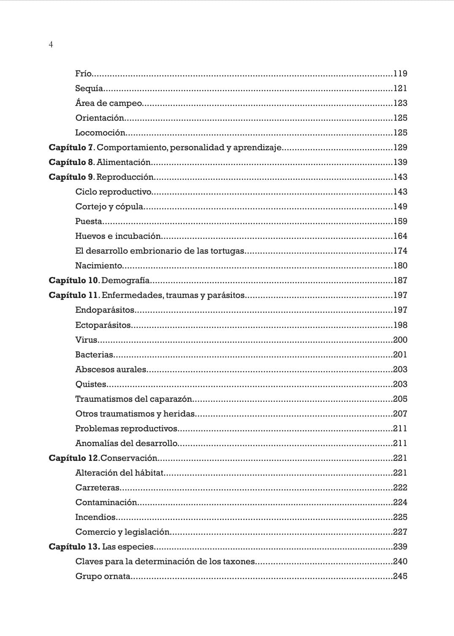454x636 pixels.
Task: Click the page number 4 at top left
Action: click(x=51, y=45)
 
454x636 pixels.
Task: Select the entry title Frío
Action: click(x=83, y=73)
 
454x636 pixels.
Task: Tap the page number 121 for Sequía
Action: click(x=400, y=88)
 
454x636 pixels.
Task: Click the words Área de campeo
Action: click(x=109, y=103)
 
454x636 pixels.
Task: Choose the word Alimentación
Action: click(x=123, y=162)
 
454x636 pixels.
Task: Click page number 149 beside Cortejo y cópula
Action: click(x=400, y=206)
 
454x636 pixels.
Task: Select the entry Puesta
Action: click(x=89, y=221)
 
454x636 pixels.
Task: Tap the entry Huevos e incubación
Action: click(x=118, y=236)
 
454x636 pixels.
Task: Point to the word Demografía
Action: click(x=125, y=280)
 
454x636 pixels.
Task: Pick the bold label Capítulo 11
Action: click(x=73, y=295)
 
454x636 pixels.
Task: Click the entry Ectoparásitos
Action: click(x=103, y=325)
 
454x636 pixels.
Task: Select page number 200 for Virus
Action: click(x=400, y=340)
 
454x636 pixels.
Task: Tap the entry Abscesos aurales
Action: click(x=111, y=369)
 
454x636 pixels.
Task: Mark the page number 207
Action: click(x=400, y=414)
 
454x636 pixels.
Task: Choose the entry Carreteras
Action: click(x=98, y=487)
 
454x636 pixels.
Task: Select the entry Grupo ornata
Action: click(x=103, y=576)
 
